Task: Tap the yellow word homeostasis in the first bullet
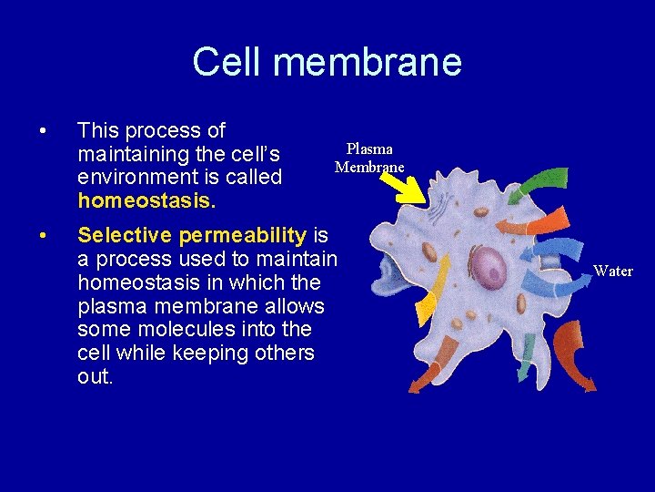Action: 133,200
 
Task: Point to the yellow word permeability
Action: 242,236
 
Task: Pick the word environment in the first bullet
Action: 134,177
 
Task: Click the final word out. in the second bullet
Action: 96,376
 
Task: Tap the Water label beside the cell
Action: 612,271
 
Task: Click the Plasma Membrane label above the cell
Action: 369,158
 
